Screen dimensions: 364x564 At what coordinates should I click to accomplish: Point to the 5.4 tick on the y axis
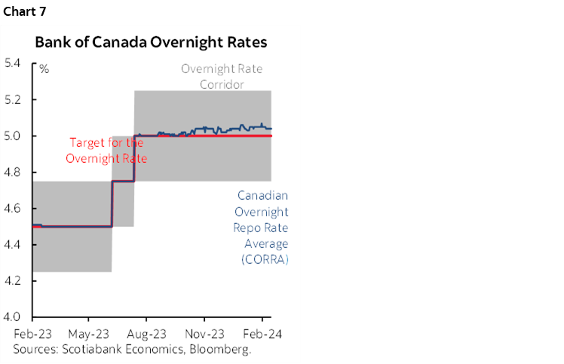12,63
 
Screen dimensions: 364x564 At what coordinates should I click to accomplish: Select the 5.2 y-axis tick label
12,99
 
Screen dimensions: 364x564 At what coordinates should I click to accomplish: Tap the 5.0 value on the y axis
12,136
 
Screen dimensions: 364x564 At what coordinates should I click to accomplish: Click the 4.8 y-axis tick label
12,172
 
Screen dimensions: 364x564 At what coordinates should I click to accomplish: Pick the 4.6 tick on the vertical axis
12,208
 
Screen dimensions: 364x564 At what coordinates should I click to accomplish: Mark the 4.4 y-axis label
12,244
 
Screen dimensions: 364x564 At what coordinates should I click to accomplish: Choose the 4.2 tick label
12,280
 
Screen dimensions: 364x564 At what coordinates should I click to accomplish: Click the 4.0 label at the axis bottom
12,317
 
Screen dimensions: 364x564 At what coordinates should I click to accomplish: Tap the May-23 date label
89,332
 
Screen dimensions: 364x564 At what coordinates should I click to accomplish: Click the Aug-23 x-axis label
147,332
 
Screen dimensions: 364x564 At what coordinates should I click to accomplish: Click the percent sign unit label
44,69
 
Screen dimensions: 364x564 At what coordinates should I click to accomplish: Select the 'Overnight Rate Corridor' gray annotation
221,76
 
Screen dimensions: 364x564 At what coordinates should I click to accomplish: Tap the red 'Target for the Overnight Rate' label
106,150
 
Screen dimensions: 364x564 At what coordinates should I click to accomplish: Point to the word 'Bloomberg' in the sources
222,349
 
